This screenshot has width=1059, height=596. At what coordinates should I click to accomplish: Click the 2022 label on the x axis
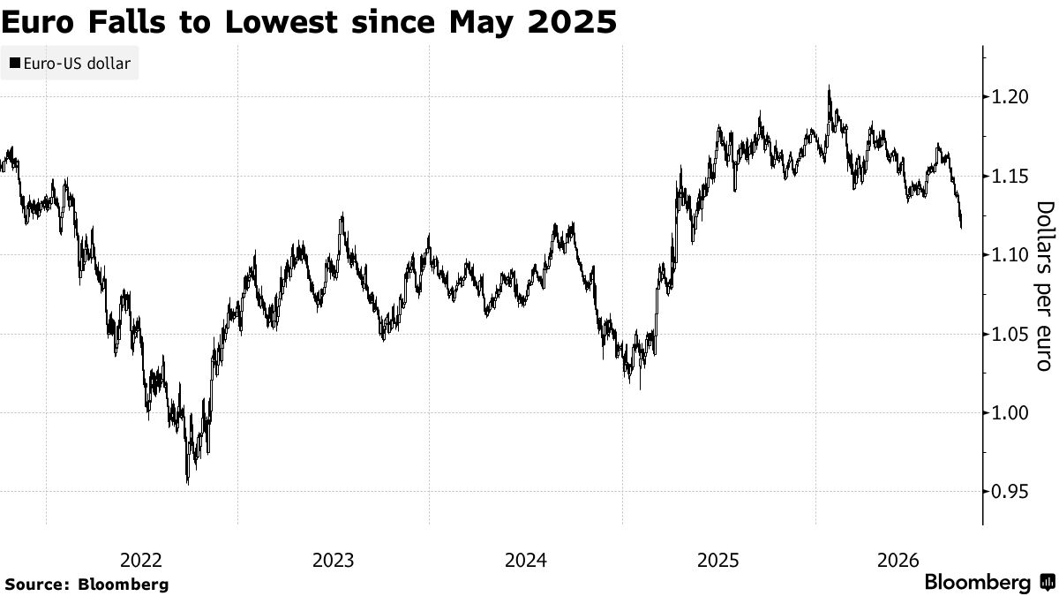141,561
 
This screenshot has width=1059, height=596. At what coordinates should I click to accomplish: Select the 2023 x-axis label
334,561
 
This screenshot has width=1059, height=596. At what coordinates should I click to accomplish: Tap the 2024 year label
526,561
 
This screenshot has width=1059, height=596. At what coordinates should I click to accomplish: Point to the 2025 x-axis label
718,561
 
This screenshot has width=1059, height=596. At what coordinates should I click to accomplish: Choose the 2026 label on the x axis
898,561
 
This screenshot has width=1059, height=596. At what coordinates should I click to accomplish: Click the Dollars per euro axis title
1046,286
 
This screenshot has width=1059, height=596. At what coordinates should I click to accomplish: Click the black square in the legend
15,63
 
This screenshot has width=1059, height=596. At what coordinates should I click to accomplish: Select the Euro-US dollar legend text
77,64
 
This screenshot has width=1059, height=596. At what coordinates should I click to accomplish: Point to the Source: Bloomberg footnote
86,585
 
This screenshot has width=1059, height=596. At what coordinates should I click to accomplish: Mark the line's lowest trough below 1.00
188,484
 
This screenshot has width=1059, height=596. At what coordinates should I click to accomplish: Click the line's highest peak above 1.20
829,87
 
